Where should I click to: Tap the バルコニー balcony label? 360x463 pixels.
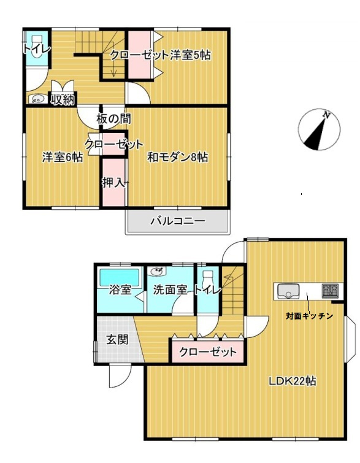[x=178, y=221]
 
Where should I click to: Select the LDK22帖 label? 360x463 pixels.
[x=292, y=381]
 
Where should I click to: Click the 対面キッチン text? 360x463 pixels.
[x=309, y=316]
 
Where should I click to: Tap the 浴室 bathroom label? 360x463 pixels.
[x=120, y=289]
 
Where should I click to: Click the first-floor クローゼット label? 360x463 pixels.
[x=207, y=352]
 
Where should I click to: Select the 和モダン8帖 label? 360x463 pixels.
[x=177, y=157]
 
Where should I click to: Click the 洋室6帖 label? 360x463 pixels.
[x=63, y=157]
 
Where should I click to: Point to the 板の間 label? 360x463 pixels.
[x=113, y=119]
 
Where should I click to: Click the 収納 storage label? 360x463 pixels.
[x=63, y=98]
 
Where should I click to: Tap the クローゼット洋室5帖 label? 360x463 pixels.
[x=161, y=55]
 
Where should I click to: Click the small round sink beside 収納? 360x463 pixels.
[x=37, y=98]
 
